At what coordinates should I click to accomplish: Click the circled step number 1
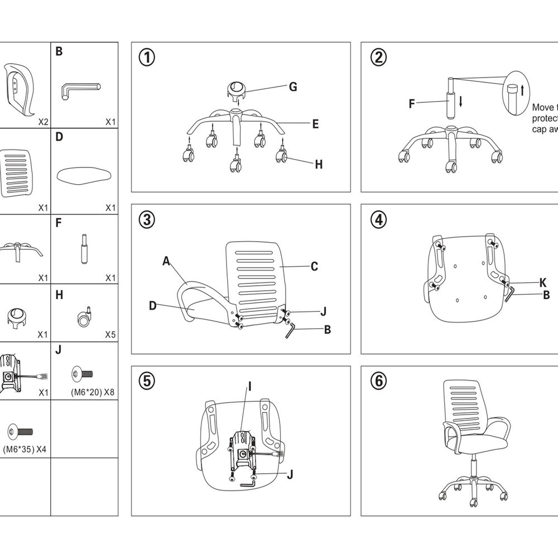[147, 57]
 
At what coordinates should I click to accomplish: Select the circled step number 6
[378, 381]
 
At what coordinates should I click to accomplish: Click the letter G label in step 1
[292, 86]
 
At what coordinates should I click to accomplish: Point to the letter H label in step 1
[319, 164]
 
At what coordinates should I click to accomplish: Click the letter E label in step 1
[315, 124]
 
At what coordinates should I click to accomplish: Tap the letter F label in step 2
[412, 103]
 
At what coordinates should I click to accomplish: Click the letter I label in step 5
[250, 386]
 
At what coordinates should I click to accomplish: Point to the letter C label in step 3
[314, 266]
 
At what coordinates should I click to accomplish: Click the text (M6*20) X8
[93, 392]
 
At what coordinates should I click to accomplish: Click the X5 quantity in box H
[110, 335]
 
